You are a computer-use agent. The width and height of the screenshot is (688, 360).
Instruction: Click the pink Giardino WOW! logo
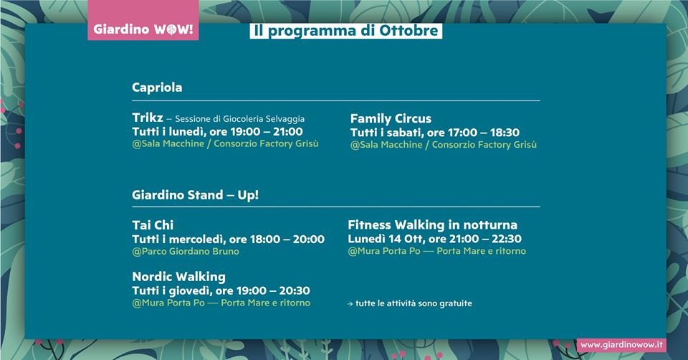[143, 20]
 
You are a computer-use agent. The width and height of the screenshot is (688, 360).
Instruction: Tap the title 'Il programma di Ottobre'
[345, 31]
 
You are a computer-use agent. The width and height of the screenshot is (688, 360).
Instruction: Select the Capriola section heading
[157, 87]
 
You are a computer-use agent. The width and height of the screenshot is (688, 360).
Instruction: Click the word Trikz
[148, 118]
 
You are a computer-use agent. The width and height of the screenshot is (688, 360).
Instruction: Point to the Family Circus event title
[391, 118]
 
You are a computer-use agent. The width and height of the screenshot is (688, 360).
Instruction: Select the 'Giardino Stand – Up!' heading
[195, 195]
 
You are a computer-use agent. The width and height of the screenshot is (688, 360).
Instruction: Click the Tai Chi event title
[153, 225]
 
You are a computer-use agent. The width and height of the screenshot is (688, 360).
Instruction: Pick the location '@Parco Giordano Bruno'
[186, 252]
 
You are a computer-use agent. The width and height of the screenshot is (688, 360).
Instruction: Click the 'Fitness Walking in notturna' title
[432, 224]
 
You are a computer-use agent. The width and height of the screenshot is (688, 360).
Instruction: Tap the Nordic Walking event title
[178, 277]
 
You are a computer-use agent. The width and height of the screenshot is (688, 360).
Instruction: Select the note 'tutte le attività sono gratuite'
[414, 303]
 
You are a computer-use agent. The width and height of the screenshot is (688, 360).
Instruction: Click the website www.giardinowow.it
[621, 345]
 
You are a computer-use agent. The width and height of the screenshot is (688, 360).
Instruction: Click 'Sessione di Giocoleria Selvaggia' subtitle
[239, 119]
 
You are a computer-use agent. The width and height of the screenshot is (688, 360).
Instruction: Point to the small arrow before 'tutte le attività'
[350, 304]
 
